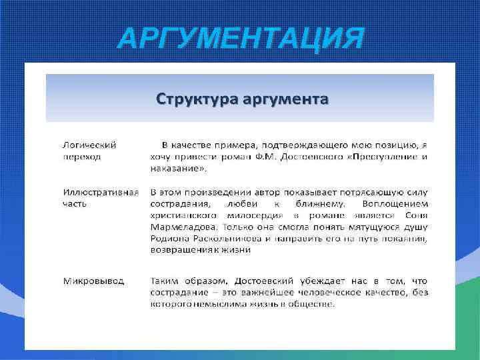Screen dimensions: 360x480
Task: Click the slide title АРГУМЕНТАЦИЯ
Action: point(240,39)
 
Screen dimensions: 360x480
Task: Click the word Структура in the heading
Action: point(191,99)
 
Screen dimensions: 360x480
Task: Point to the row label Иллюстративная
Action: point(100,191)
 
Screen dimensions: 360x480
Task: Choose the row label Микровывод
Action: point(93,281)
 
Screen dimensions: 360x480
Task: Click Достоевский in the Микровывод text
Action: point(270,281)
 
